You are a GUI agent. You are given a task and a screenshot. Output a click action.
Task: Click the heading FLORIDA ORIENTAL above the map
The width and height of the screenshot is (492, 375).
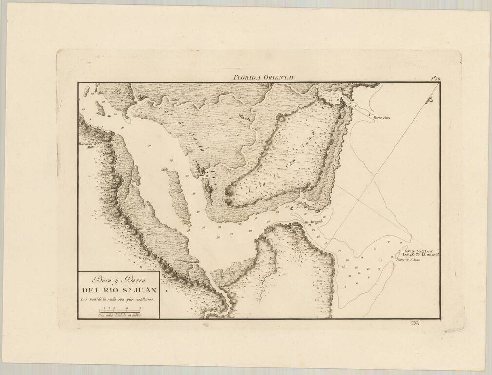click(263, 77)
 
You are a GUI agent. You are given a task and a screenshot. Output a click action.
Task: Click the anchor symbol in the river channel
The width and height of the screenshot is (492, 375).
click(292, 208)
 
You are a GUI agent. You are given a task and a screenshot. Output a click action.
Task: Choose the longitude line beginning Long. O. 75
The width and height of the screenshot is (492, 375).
click(421, 254)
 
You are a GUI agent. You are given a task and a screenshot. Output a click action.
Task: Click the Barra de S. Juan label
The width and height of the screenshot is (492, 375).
click(409, 260)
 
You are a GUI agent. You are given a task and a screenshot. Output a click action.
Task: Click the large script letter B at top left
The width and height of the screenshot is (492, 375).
click(117, 90)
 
